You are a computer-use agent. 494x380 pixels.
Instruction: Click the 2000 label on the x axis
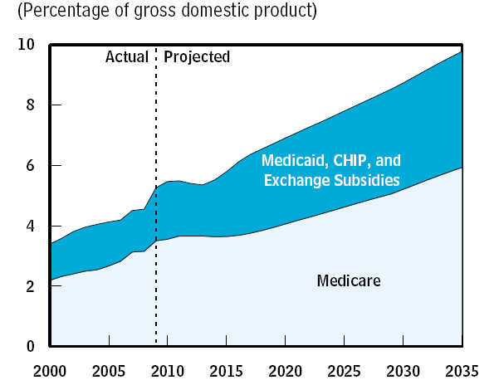click(50, 368)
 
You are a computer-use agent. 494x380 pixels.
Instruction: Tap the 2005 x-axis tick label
click(109, 368)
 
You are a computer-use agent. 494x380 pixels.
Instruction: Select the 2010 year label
click(168, 368)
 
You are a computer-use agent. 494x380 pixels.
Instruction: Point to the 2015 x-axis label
click(227, 368)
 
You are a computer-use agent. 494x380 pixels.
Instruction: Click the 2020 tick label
click(286, 368)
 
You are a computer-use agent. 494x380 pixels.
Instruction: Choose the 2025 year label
click(345, 368)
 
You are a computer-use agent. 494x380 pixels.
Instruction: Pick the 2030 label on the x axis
click(404, 368)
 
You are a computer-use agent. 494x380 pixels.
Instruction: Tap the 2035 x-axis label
click(462, 368)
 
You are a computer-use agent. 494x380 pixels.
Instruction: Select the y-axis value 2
click(30, 286)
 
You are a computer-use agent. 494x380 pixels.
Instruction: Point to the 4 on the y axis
click(30, 226)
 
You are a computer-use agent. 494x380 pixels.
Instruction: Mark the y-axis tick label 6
click(30, 165)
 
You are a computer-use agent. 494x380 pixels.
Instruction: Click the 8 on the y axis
click(30, 105)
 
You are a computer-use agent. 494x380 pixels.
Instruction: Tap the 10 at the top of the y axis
click(26, 45)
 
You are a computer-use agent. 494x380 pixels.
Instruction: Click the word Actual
click(126, 57)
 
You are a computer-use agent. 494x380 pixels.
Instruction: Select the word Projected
click(197, 57)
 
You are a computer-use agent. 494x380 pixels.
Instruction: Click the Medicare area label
click(349, 281)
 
